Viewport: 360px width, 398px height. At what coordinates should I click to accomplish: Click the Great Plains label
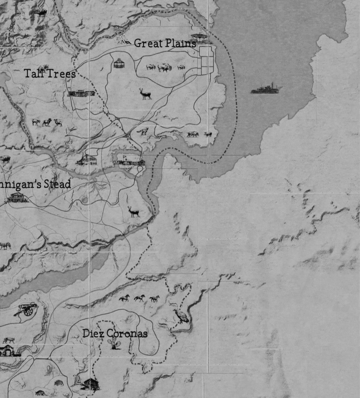coord(165,43)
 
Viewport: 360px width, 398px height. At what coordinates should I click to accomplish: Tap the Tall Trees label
coord(50,73)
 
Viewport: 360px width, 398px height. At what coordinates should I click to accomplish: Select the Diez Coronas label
coord(115,334)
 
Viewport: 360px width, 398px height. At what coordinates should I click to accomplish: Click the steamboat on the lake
coord(266,89)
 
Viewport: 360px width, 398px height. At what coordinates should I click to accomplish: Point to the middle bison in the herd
coord(164,68)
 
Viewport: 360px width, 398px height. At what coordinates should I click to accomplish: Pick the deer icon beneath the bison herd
coord(145,94)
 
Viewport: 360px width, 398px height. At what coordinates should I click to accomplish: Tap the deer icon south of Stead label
coord(133,212)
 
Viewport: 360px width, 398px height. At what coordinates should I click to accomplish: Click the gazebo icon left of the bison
coord(119,63)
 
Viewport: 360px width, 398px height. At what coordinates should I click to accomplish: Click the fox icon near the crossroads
coord(143,132)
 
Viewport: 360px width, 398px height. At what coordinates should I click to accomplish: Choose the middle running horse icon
coord(140,298)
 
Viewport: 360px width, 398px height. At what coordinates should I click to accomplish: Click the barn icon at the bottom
coord(91,384)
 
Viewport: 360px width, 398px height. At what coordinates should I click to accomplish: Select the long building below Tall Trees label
coord(81,93)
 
